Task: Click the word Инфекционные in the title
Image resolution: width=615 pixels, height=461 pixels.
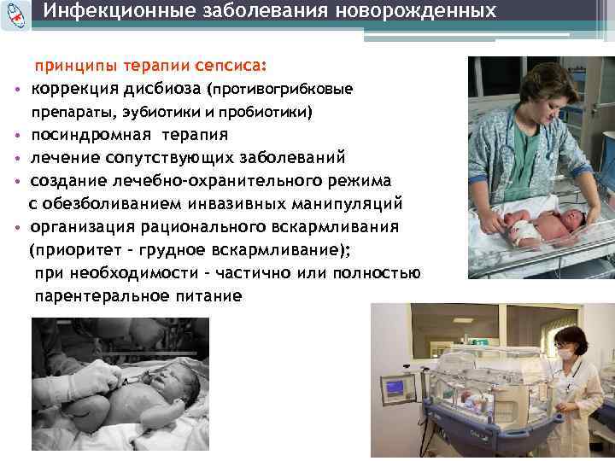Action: [99, 12]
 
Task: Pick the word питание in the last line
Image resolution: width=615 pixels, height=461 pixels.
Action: [208, 296]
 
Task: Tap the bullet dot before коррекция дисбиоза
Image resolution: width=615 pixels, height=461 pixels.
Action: [18, 90]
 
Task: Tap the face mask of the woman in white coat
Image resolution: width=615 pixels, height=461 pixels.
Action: [565, 351]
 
